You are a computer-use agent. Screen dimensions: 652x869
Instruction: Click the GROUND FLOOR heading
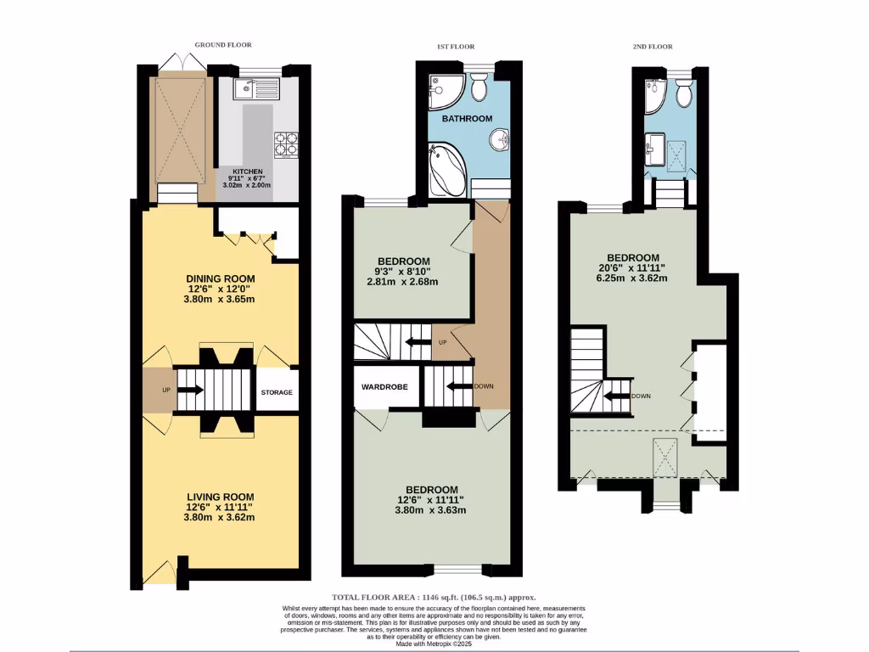click(223, 45)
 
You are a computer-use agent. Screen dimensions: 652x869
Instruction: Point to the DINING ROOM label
click(221, 278)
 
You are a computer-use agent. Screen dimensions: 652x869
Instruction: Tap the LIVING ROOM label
click(221, 497)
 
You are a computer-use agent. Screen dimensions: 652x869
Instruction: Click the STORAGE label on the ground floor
click(277, 392)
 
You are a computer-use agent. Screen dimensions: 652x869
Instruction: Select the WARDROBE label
click(385, 386)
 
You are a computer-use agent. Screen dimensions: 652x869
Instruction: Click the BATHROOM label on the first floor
click(467, 120)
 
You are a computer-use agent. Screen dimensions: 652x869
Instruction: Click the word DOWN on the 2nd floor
click(641, 396)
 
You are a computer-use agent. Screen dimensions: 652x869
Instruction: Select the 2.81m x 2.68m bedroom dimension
click(403, 283)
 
